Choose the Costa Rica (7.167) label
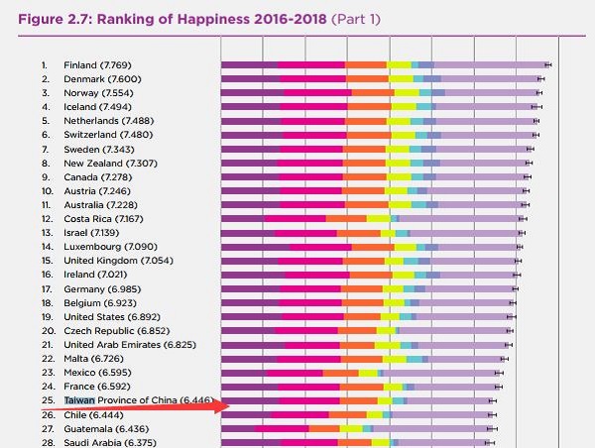[x=103, y=218]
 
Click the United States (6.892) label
[x=111, y=315]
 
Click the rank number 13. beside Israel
[x=45, y=232]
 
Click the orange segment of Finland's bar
[x=366, y=64]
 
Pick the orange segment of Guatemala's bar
[x=323, y=428]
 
